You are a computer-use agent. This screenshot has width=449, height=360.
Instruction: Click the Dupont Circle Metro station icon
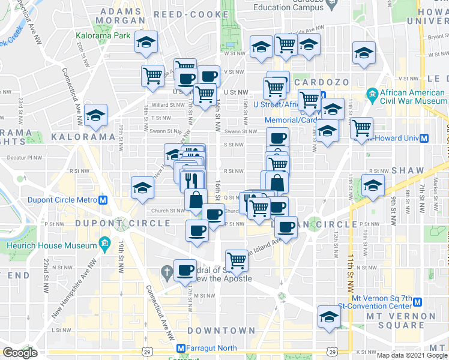pyautogui.click(x=104, y=200)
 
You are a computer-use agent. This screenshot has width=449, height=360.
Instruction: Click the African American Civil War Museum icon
pyautogui.click(x=372, y=94)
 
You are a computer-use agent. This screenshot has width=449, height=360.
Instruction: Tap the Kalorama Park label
pyautogui.click(x=103, y=36)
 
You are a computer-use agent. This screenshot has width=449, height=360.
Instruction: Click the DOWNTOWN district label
pyautogui.click(x=221, y=331)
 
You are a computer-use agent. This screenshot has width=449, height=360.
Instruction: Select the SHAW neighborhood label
pyautogui.click(x=408, y=170)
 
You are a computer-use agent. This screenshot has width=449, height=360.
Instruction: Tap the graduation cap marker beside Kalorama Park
pyautogui.click(x=145, y=42)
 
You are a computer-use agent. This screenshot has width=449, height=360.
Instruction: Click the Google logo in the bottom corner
pyautogui.click(x=20, y=352)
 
